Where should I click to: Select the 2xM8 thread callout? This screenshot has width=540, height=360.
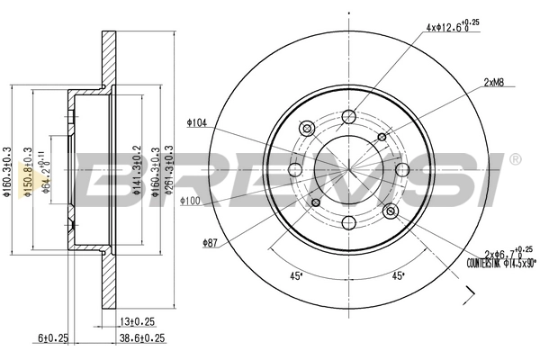(492, 82)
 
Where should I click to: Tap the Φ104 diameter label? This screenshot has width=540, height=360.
(197, 121)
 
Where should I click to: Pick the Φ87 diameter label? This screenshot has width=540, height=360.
(210, 242)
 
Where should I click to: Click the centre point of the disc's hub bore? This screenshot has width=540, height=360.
(347, 170)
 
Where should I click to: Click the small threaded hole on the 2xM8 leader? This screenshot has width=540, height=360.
(382, 137)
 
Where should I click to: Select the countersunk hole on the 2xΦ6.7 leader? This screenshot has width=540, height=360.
(391, 211)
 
